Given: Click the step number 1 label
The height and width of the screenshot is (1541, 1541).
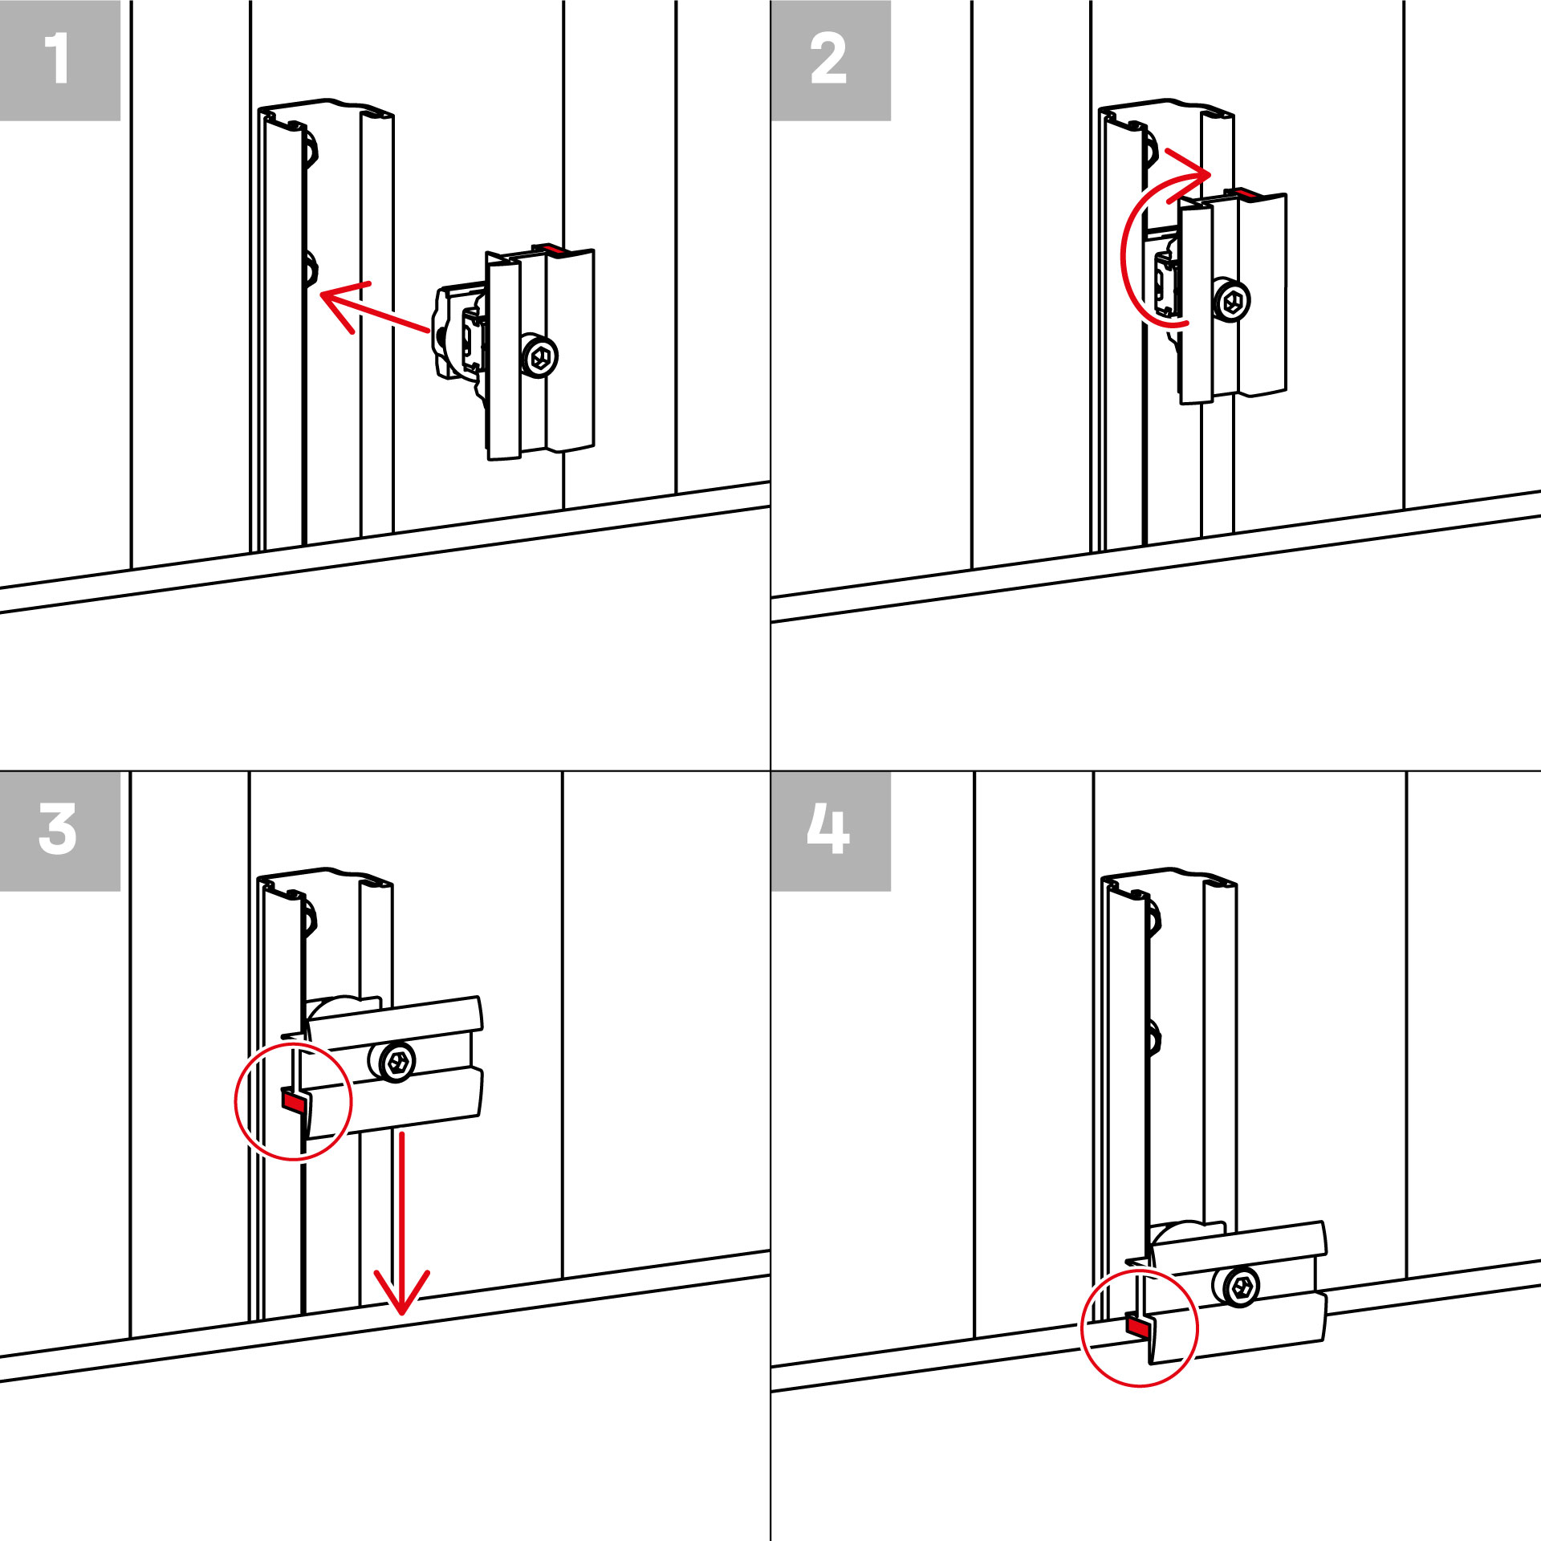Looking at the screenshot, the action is [56, 58].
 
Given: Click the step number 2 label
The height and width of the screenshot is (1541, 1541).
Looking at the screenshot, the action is [828, 58].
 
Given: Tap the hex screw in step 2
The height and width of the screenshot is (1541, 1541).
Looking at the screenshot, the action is [1231, 302].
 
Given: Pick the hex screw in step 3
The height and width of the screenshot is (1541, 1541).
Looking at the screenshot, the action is [396, 1063].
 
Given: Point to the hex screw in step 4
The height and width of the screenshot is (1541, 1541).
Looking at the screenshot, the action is [1242, 1288].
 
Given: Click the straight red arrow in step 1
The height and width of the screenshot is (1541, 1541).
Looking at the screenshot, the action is [374, 308].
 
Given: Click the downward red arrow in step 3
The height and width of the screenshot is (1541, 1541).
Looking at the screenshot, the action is [401, 1224].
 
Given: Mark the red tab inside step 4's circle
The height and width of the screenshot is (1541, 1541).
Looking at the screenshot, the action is [1137, 1326].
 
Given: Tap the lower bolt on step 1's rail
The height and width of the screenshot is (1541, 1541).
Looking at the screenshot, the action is [311, 269].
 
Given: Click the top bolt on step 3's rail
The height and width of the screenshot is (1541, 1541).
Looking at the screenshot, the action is [311, 917].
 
